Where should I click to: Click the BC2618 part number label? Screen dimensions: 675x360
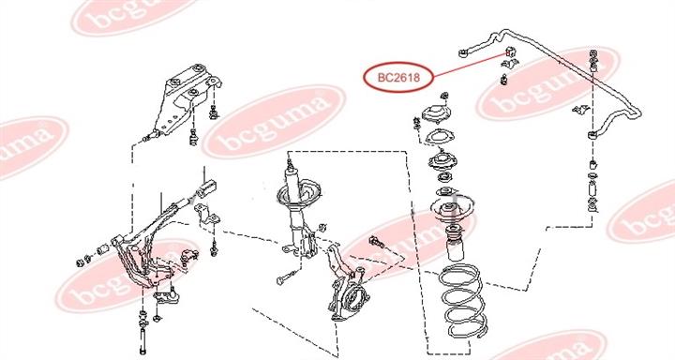click(398, 78)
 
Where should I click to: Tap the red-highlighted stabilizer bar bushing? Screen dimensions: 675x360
click(509, 52)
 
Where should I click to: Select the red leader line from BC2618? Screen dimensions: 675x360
click(470, 65)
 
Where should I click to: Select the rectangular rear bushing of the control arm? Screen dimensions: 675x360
click(206, 188)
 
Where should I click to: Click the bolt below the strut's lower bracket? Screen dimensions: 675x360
click(287, 277)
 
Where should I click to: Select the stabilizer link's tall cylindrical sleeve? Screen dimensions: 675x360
click(592, 189)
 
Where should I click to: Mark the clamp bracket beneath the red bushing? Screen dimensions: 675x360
click(509, 64)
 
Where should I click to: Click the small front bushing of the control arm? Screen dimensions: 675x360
click(102, 249)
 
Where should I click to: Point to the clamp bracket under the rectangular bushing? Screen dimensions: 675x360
click(207, 215)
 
